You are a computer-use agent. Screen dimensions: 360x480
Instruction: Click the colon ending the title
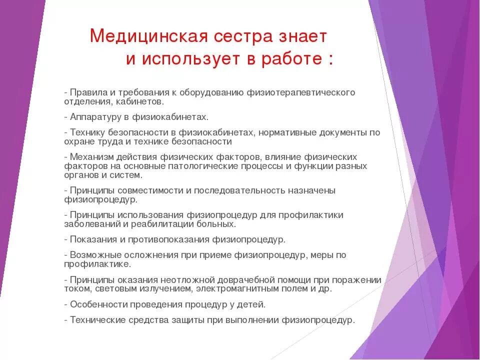pyautogui.click(x=330, y=60)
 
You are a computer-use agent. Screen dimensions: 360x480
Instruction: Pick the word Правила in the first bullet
pyautogui.click(x=86, y=92)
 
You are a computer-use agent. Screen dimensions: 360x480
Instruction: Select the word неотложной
pyautogui.click(x=192, y=279)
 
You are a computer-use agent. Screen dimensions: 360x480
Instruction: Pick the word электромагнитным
pyautogui.click(x=233, y=288)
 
